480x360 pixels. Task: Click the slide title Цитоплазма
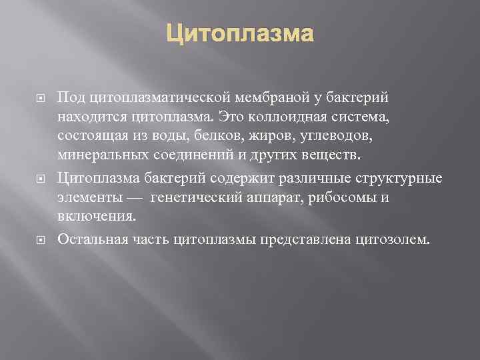tap(239, 31)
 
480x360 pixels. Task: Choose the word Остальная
tap(89, 238)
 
